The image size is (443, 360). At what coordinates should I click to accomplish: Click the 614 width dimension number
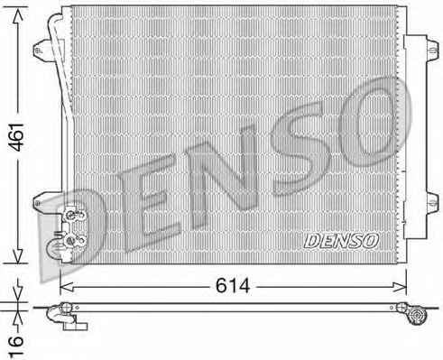[x=233, y=285]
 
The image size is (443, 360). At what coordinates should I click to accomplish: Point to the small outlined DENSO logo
[x=341, y=241]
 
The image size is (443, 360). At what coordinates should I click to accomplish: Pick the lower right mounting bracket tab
[x=432, y=202]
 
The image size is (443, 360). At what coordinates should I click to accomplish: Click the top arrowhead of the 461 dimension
[x=18, y=14]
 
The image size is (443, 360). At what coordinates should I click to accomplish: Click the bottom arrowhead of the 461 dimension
[x=18, y=256]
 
